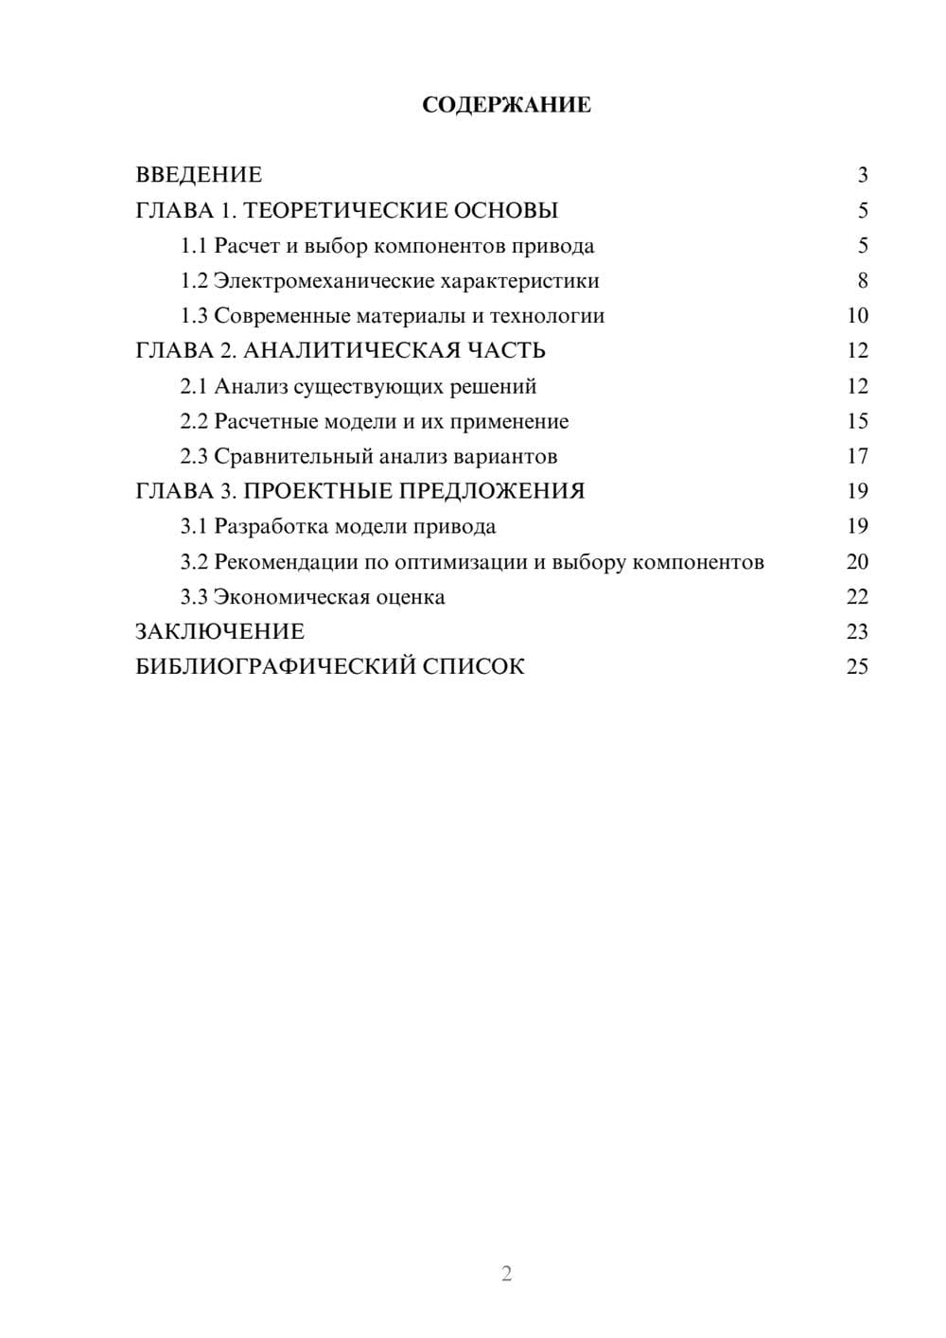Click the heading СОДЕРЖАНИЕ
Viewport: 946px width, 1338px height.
pyautogui.click(x=506, y=105)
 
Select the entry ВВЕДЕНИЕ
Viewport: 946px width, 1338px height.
pyautogui.click(x=199, y=175)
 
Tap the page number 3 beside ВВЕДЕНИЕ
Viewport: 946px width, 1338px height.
pyautogui.click(x=862, y=175)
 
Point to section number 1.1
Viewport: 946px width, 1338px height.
pyautogui.click(x=193, y=246)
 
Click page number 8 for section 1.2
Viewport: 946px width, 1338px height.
pyautogui.click(x=862, y=281)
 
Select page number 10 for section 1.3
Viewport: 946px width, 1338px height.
pyautogui.click(x=857, y=316)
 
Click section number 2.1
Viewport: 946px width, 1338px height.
pyautogui.click(x=193, y=386)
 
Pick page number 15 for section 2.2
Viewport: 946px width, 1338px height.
pyautogui.click(x=857, y=421)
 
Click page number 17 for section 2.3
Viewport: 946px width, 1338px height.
pyautogui.click(x=857, y=456)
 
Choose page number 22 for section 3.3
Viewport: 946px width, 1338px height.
pyautogui.click(x=857, y=597)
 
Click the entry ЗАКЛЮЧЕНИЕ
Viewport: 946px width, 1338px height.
pyautogui.click(x=219, y=632)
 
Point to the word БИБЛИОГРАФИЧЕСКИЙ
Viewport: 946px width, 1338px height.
pyautogui.click(x=275, y=667)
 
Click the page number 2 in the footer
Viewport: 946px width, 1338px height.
pyautogui.click(x=506, y=1274)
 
